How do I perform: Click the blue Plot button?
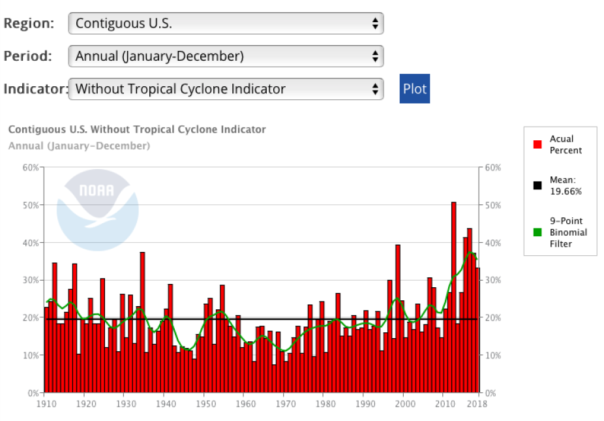point(414,89)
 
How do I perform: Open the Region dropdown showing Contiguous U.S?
point(226,23)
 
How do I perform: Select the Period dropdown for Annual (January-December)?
point(226,56)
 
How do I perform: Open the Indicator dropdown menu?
point(226,89)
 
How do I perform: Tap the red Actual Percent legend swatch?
point(537,144)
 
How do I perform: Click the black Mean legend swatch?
point(537,185)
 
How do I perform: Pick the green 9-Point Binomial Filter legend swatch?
point(537,232)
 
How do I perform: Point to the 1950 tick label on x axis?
point(205,404)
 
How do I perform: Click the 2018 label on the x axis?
point(479,404)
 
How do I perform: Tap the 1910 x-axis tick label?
point(44,404)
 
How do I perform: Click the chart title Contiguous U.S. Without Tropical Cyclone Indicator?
point(137,129)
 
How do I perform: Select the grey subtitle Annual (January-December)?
point(79,146)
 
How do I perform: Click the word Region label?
point(28,23)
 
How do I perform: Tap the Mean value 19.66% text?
point(566,191)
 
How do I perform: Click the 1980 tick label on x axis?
point(324,404)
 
